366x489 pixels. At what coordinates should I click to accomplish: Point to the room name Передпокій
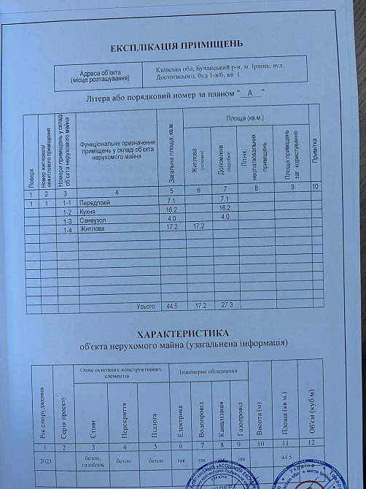coord(96,200)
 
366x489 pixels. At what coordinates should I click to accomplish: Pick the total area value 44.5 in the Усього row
coord(171,306)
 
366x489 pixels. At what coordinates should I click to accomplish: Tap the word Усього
coord(145,306)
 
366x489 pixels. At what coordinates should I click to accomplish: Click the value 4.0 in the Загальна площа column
coord(171,218)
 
